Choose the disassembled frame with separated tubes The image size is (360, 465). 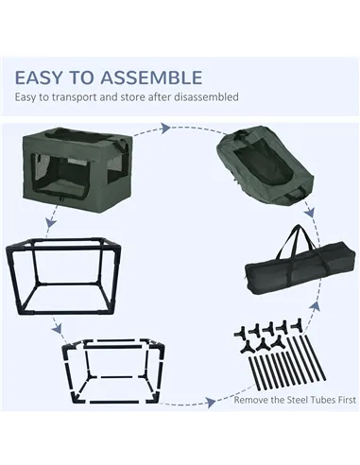coord(113,371)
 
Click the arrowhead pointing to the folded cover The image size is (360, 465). coord(164,129)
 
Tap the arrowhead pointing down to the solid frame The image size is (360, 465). coord(50,223)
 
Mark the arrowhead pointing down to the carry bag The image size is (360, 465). coord(309,212)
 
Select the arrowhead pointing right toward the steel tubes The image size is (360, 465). coord(211,402)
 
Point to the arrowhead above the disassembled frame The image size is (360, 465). coord(57,330)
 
